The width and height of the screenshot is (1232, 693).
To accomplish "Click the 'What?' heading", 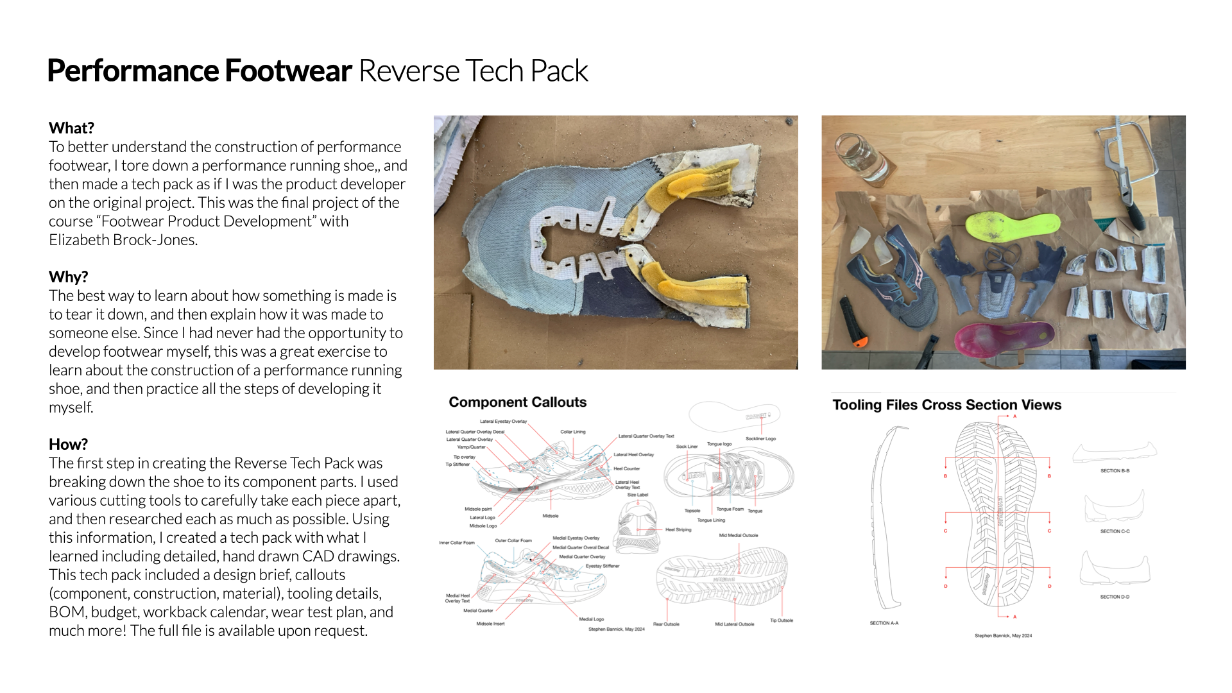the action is coord(71,128).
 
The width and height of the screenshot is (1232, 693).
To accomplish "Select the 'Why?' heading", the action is coord(68,277).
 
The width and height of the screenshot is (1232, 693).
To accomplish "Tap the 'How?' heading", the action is coord(68,444).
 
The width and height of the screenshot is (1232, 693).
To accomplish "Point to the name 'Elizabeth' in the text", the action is coord(79,240).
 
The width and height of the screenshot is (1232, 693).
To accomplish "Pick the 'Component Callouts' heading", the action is coord(517,402).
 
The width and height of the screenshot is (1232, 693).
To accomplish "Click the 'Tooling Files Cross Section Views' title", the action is coord(946,405).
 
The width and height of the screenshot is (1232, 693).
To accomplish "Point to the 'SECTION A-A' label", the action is coord(884,623).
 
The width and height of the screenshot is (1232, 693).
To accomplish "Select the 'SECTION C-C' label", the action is coord(1115,531).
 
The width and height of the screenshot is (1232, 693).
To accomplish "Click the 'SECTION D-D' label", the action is coord(1115,597).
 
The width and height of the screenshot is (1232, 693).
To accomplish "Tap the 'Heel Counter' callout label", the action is coord(626,468).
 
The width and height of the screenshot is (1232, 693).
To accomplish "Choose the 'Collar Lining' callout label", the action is coord(572,432).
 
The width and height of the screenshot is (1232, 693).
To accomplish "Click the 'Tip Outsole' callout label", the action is coord(781,620).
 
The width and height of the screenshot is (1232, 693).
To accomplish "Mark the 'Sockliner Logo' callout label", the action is coord(760,439).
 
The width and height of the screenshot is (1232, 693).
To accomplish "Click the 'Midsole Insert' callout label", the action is coord(490,624).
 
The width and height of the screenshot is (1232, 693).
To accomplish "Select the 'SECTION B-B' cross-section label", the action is coord(1115,471).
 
